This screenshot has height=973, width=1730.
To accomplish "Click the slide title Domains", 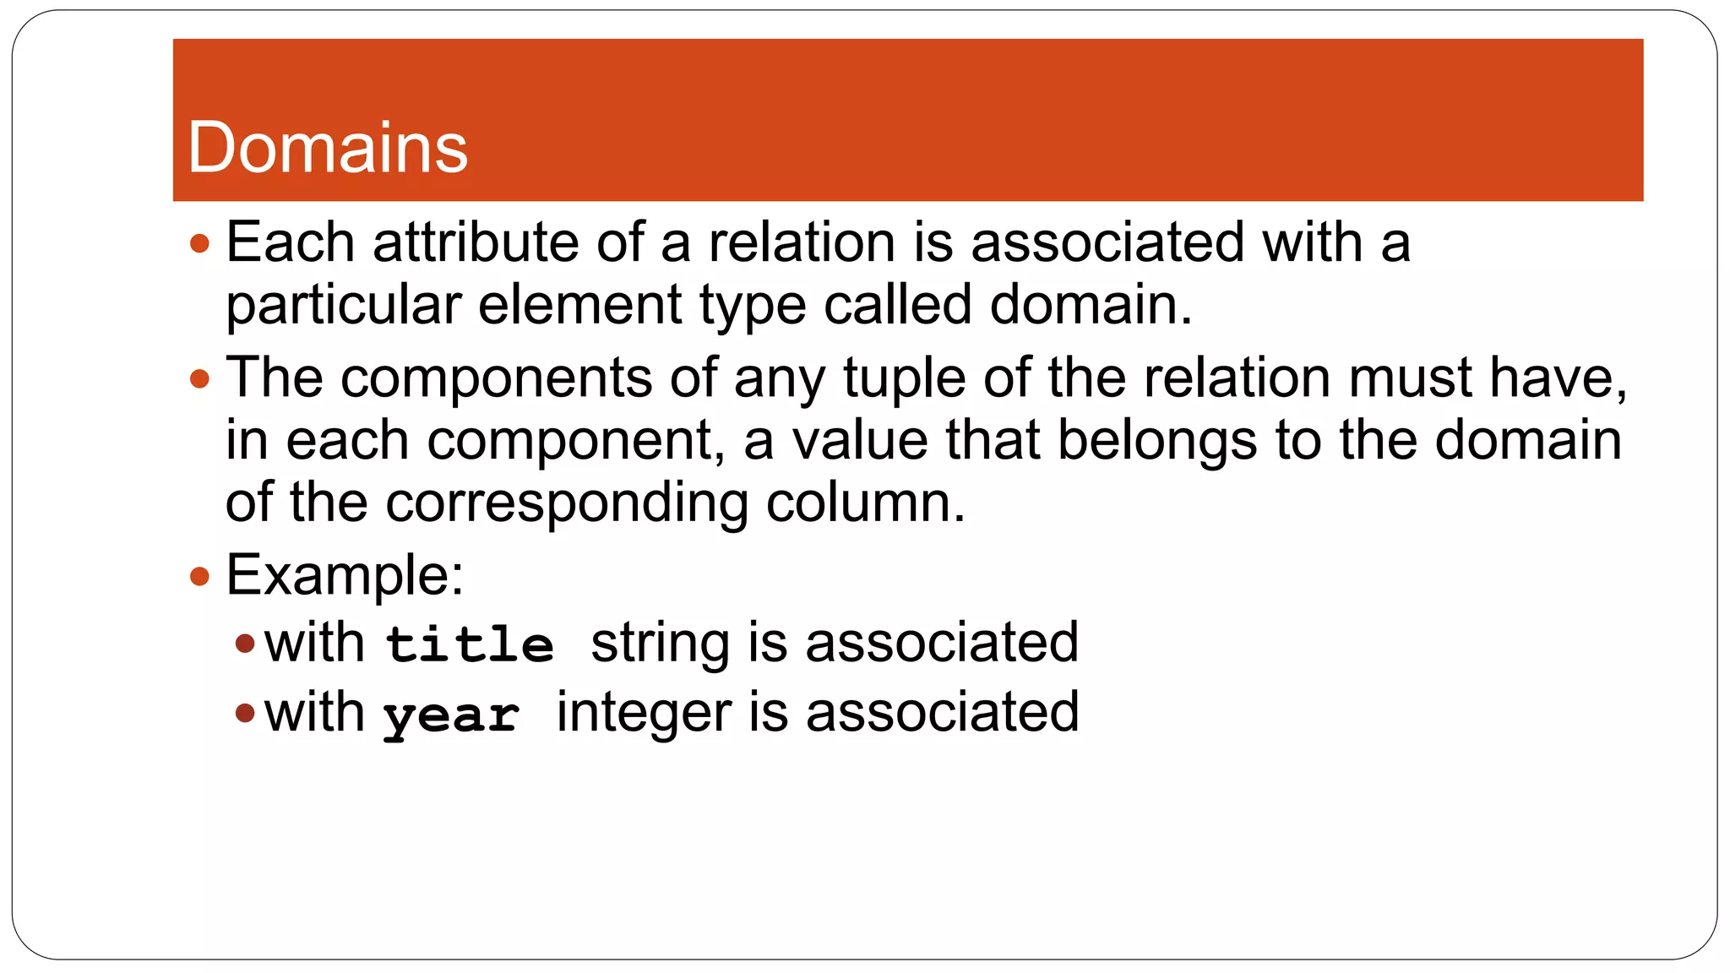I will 327,148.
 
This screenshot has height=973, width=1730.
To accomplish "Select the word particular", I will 343,306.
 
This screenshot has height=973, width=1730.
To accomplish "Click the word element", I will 579,305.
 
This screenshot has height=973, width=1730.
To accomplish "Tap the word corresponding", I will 566,503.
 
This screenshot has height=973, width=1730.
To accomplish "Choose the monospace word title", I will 470,644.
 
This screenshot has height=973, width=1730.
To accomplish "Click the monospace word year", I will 451,716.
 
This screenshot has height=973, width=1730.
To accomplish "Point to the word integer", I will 644,713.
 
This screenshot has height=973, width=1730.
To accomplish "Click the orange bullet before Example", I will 199,577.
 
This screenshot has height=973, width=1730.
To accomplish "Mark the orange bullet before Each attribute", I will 199,244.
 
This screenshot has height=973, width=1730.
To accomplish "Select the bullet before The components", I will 199,378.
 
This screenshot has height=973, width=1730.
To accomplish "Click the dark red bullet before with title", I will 245,644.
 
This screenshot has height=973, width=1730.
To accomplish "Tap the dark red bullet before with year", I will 245,714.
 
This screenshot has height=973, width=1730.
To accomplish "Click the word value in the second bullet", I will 859,441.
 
